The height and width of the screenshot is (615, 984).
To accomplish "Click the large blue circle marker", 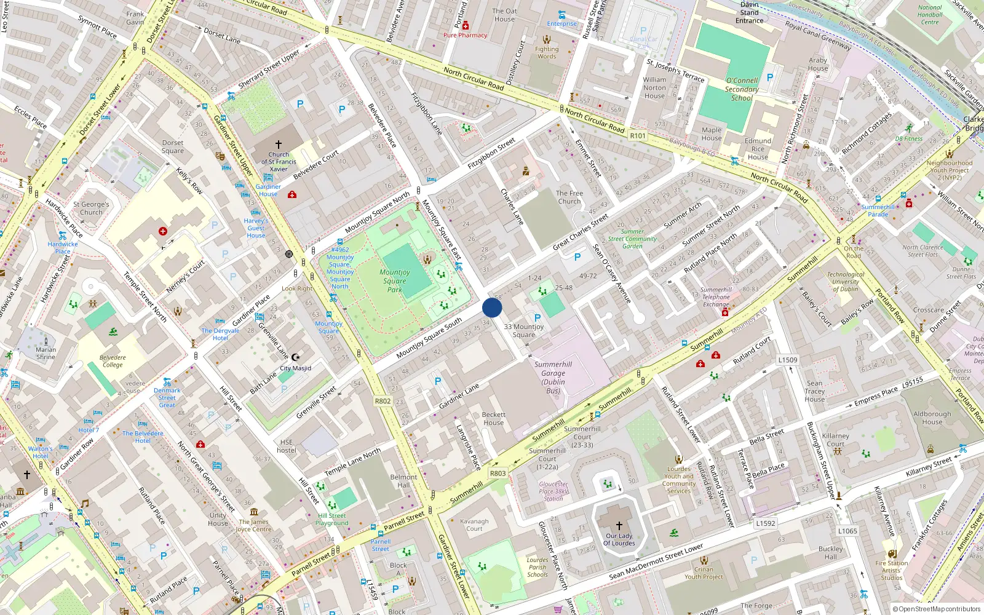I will tap(492, 307).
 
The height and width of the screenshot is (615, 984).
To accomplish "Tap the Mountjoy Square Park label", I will tap(395, 280).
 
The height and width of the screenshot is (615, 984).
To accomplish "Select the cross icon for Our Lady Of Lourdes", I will tap(619, 525).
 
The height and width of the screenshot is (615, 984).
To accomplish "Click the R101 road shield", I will tap(638, 136).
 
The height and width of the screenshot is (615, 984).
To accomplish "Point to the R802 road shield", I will tap(383, 401).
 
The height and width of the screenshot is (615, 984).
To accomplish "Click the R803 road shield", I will tap(498, 473).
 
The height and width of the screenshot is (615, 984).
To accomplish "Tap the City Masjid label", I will tap(296, 368).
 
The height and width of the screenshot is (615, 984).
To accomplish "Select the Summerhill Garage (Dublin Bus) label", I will tap(553, 377).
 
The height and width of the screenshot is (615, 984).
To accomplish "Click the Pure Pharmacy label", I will tap(465, 35).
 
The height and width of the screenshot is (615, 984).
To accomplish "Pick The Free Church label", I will tap(569, 197).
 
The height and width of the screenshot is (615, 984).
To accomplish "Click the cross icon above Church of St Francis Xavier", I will tap(279, 145).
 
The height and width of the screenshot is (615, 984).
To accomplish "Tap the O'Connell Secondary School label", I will tap(742, 89).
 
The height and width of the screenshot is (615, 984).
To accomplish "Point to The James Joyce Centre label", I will tap(253, 525).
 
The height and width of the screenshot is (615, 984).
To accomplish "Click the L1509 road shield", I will tap(788, 360).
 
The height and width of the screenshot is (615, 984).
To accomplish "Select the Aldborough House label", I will tap(932, 418).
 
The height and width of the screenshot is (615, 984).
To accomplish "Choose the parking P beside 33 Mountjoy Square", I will tap(538, 318).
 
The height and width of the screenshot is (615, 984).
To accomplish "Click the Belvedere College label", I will tap(113, 361).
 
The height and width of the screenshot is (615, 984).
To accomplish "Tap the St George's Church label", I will tap(91, 208).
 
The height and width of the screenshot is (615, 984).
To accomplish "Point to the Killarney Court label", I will tap(835, 440).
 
